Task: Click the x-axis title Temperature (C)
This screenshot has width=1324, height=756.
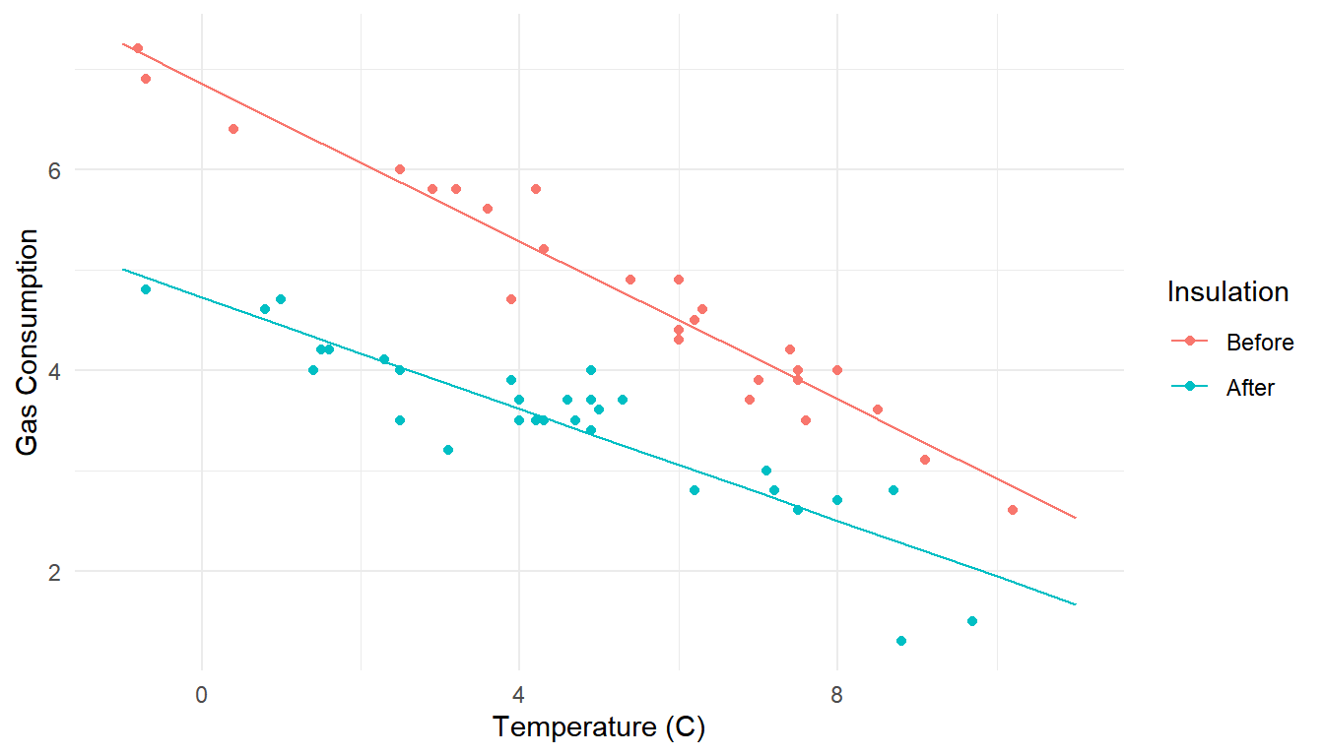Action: tap(599, 727)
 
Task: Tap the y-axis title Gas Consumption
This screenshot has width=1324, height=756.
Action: tap(29, 343)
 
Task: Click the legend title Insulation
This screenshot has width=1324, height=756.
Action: tap(1227, 291)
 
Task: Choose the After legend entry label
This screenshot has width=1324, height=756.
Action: tap(1250, 388)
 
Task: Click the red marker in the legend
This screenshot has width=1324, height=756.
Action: tap(1190, 342)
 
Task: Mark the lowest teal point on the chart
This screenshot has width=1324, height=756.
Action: tap(900, 641)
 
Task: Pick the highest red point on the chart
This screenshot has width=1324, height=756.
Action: tap(138, 48)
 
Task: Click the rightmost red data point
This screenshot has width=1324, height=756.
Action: tap(1013, 510)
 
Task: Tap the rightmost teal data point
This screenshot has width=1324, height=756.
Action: tap(972, 621)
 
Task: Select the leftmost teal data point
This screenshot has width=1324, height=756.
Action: tap(146, 289)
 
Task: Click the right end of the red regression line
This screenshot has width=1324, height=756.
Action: tap(1076, 518)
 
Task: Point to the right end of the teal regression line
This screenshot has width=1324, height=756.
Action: tap(1076, 604)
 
